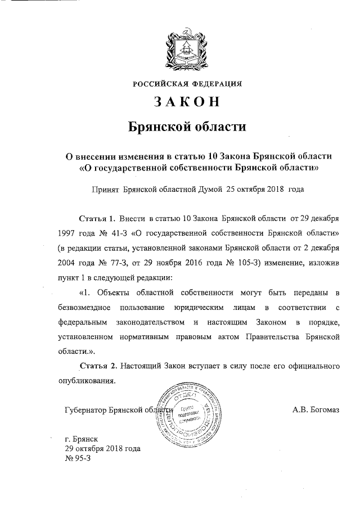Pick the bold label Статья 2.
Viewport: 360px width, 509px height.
click(98, 366)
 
